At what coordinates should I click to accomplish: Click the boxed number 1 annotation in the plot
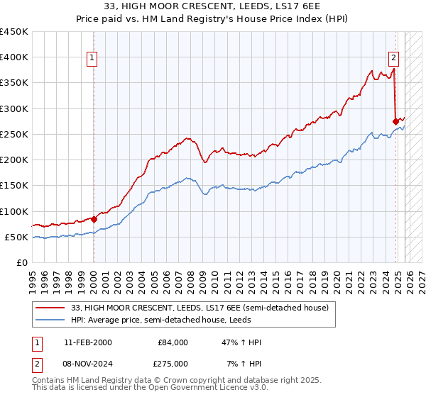click(93, 59)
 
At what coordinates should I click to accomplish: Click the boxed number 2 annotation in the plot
click(393, 59)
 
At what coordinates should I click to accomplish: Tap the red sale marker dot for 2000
click(94, 220)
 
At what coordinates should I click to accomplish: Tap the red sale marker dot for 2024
click(395, 121)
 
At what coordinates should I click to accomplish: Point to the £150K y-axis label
click(14, 186)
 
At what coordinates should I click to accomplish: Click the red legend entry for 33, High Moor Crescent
click(200, 308)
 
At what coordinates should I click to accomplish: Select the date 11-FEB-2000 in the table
click(87, 342)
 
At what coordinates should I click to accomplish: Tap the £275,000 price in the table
click(173, 363)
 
